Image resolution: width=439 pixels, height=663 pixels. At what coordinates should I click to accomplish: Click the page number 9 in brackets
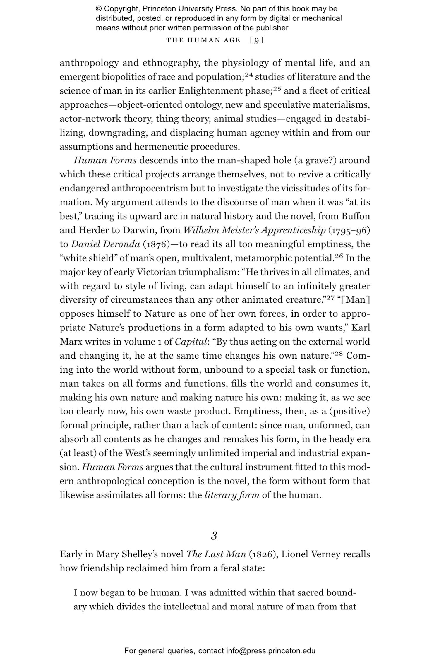257,40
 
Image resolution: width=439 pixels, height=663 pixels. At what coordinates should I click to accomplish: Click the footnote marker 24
248,75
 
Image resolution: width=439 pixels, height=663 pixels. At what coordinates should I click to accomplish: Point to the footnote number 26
339,256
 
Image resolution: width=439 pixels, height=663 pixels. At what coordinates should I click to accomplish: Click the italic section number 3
214,536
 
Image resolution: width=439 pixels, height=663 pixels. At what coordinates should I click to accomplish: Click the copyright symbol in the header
99,9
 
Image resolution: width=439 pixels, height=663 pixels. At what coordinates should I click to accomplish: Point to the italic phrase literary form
232,495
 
